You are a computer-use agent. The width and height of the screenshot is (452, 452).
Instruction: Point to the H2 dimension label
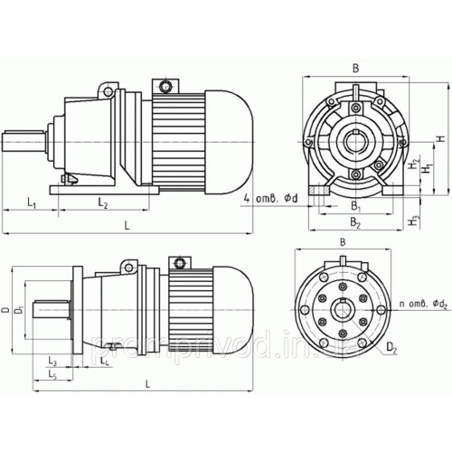point(413,165)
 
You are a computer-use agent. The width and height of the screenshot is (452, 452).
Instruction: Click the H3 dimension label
point(414,220)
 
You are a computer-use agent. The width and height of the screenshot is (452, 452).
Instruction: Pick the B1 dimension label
point(357,205)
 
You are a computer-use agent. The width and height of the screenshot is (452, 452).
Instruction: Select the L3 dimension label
point(53,362)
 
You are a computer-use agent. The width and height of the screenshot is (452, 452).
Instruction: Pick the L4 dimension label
point(106,362)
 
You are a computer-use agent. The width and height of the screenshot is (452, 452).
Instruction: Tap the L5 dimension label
point(53,374)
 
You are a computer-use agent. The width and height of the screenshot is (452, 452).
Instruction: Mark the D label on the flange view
point(5,311)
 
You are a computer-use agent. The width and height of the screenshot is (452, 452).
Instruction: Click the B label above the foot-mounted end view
point(355,67)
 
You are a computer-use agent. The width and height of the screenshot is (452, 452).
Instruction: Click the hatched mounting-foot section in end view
point(319,193)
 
